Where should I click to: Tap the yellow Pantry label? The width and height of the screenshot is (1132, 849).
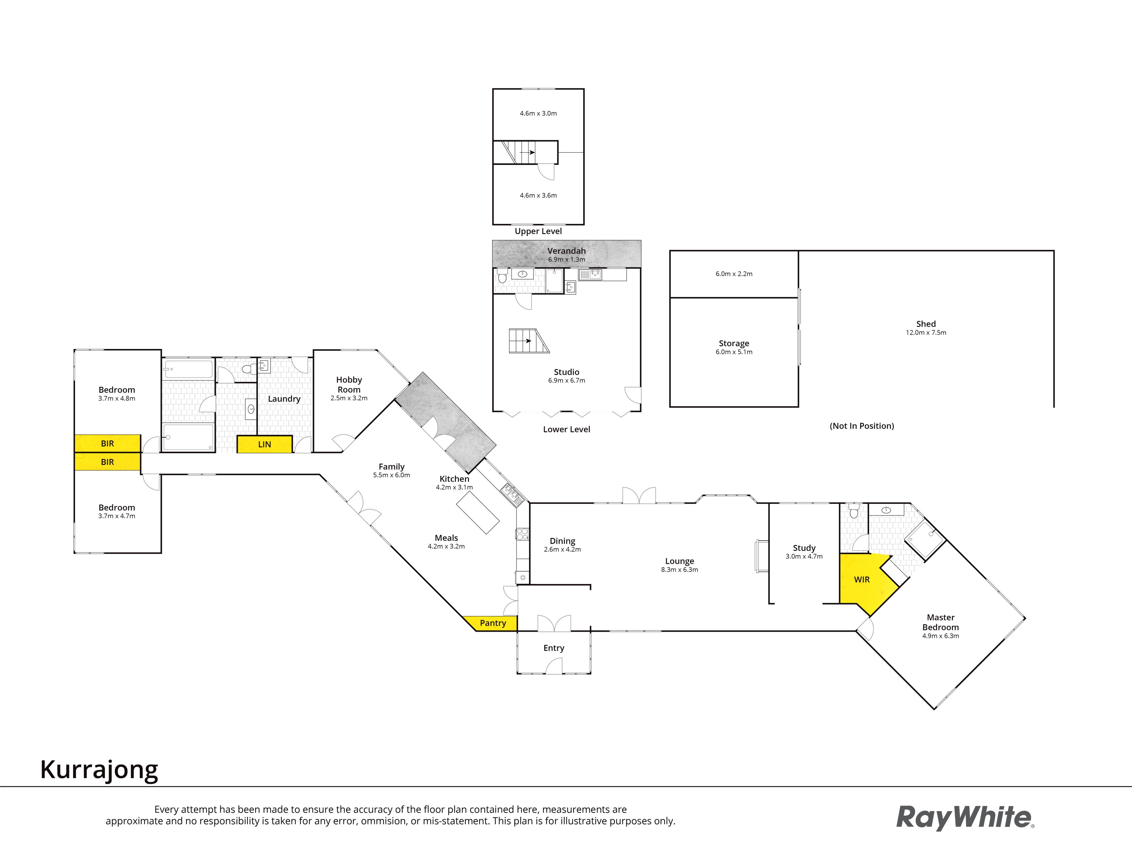[x=492, y=623]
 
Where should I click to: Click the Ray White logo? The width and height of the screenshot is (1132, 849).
[x=965, y=817]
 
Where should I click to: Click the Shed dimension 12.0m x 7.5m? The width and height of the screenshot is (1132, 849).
[x=926, y=333]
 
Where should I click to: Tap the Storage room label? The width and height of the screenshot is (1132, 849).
[x=734, y=343]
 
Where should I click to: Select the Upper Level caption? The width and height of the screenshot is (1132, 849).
[x=538, y=231]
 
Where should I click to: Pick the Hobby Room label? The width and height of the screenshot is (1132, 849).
[x=349, y=384]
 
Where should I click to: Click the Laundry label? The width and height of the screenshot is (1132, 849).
[x=284, y=399]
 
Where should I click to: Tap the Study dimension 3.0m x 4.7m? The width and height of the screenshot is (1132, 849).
[x=804, y=556]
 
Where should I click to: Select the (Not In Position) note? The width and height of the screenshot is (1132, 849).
[x=862, y=426]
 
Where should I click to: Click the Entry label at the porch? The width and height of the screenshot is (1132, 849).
[x=554, y=648]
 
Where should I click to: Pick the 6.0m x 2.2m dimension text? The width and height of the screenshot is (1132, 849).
[x=734, y=274]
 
